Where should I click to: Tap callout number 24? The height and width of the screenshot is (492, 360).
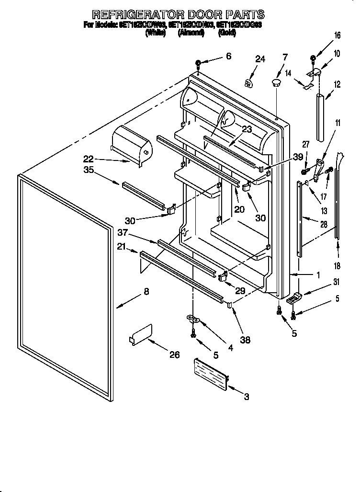coord(259,59)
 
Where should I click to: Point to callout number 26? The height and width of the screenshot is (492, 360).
coord(174,355)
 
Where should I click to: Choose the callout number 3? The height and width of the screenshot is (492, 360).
coord(247,396)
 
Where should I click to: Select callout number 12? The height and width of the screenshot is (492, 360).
coord(337,85)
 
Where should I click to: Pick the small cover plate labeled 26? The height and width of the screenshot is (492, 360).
coord(142,334)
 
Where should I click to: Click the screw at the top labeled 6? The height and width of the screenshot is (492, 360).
coord(198,63)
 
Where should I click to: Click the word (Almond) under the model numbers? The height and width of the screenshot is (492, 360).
coord(191,33)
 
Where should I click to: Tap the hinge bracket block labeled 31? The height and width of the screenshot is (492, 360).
coord(294,298)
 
